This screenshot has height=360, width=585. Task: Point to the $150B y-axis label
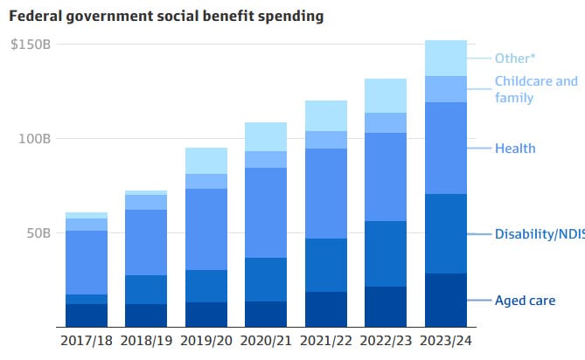coord(31,44)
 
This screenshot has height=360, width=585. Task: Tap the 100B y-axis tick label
coord(34,139)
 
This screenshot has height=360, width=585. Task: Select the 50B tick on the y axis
coord(38,233)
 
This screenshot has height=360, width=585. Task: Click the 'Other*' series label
coord(513,59)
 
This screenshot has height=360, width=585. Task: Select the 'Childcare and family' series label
coord(536,89)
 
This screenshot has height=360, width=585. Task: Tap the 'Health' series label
coord(514,149)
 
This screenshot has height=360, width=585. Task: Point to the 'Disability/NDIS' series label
coord(536,234)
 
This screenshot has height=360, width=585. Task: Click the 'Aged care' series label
coord(525,301)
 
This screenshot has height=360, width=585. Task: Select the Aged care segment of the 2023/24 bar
coord(446,300)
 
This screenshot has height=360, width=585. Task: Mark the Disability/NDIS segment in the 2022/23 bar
coord(386,253)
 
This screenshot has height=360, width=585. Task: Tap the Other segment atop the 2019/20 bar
coord(206,161)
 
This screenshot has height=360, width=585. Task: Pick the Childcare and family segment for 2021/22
coord(326,140)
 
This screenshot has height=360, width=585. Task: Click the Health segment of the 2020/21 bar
coord(266,212)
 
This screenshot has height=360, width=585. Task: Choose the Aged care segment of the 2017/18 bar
coord(86,315)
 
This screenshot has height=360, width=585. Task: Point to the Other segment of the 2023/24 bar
coord(446,59)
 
